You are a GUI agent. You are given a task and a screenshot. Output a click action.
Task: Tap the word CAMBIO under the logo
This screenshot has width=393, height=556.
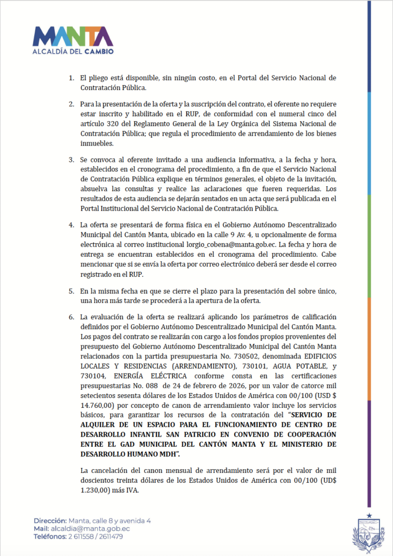(x=98, y=52)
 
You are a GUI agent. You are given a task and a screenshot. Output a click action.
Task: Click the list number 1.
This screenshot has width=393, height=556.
(x=70, y=78)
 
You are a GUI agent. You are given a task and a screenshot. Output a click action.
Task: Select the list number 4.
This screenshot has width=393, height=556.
(x=70, y=225)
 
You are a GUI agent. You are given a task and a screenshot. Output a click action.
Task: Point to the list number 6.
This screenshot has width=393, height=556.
(x=70, y=317)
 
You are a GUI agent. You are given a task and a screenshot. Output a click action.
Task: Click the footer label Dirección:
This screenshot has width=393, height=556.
(x=50, y=520)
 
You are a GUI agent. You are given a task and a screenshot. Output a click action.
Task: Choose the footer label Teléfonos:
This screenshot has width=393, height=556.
(x=52, y=536)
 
